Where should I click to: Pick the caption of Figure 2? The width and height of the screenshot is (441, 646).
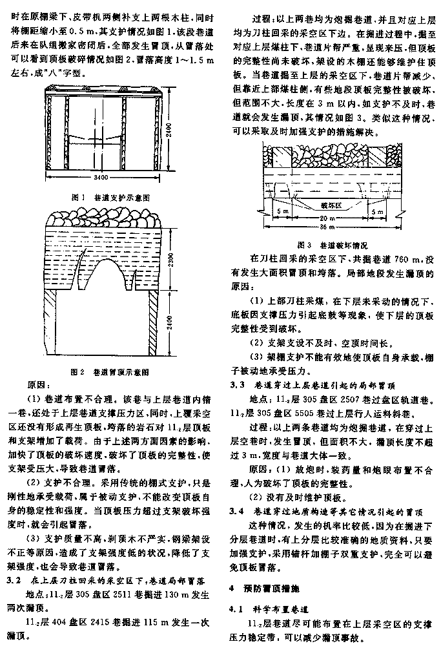click(112, 372)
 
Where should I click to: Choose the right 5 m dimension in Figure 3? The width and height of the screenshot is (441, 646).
click(382, 211)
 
